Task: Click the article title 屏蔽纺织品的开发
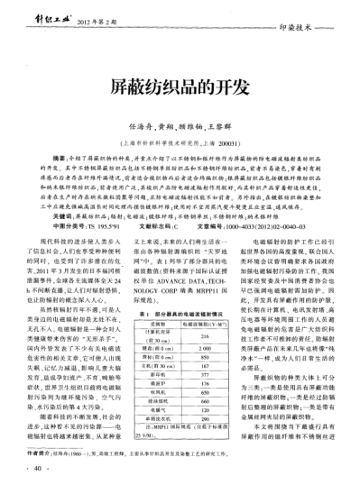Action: pyautogui.click(x=180, y=87)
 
